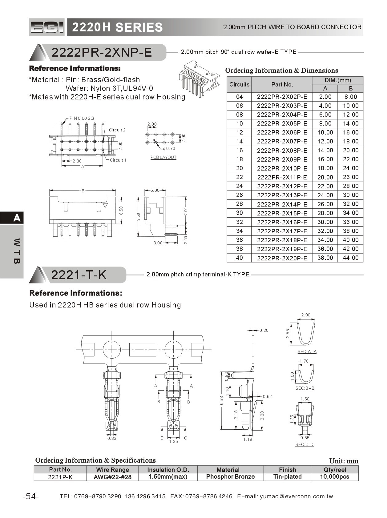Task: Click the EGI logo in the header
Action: click(47, 27)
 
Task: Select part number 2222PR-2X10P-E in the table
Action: click(282, 168)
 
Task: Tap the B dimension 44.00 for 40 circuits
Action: click(351, 258)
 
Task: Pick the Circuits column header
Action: click(239, 84)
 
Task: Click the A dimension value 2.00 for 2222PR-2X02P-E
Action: click(325, 97)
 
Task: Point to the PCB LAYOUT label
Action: click(163, 157)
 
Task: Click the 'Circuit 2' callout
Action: click(117, 130)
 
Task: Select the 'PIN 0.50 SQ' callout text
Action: click(82, 118)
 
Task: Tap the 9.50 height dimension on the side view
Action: click(139, 217)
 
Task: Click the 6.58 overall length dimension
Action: click(221, 400)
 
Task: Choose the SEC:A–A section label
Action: click(307, 351)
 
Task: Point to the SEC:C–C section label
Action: click(305, 444)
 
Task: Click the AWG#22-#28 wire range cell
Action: click(112, 477)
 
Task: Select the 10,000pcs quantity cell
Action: click(335, 477)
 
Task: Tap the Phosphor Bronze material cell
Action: click(230, 477)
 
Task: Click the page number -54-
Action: click(31, 496)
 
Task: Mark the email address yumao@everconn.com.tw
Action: click(296, 496)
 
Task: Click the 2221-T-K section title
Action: click(79, 275)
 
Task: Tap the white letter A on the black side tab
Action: click(17, 218)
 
